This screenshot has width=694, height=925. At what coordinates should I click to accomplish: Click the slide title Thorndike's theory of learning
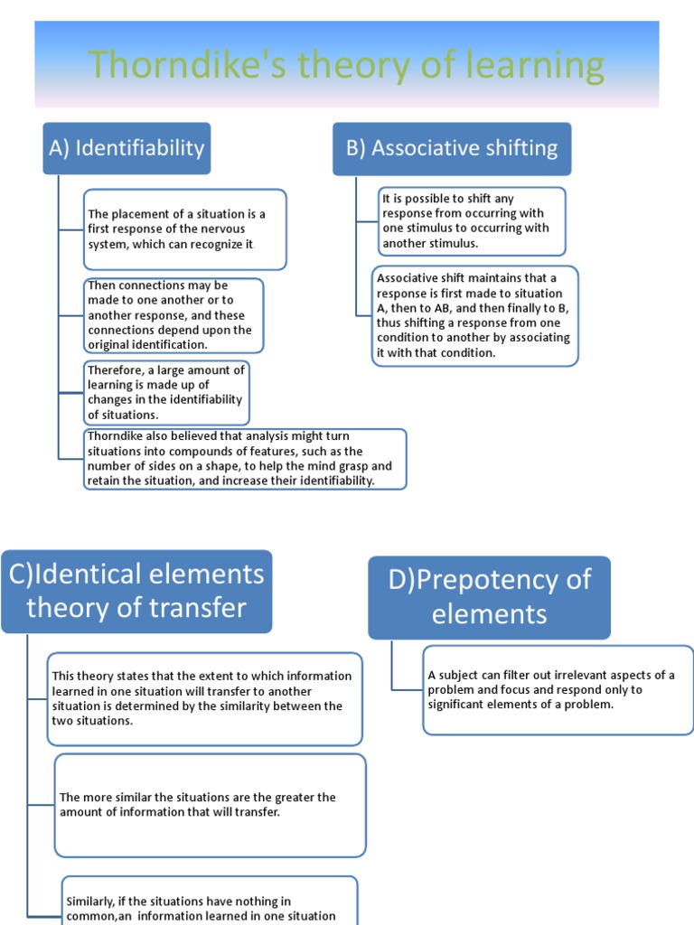(x=346, y=66)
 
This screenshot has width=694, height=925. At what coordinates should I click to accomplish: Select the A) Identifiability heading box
(x=127, y=148)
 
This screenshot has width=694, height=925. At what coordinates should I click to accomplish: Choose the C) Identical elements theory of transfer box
(x=136, y=591)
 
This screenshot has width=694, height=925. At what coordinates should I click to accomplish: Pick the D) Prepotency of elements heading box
(x=489, y=597)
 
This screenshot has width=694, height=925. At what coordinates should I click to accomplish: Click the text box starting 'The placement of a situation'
(x=184, y=229)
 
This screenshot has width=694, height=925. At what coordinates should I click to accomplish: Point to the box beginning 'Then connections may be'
(x=173, y=314)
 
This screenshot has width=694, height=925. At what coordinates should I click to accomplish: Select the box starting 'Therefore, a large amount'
(x=165, y=393)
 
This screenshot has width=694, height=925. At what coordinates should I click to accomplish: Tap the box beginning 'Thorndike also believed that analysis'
(x=244, y=459)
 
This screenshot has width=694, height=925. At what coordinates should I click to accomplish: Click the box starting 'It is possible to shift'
(x=472, y=221)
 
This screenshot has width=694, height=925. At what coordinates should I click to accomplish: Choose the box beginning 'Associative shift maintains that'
(x=474, y=315)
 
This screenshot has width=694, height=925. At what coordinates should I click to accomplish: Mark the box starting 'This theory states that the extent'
(x=204, y=698)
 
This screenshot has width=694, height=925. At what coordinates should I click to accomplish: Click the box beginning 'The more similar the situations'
(x=210, y=805)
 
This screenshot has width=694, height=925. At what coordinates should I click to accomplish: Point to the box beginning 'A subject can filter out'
(x=558, y=689)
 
